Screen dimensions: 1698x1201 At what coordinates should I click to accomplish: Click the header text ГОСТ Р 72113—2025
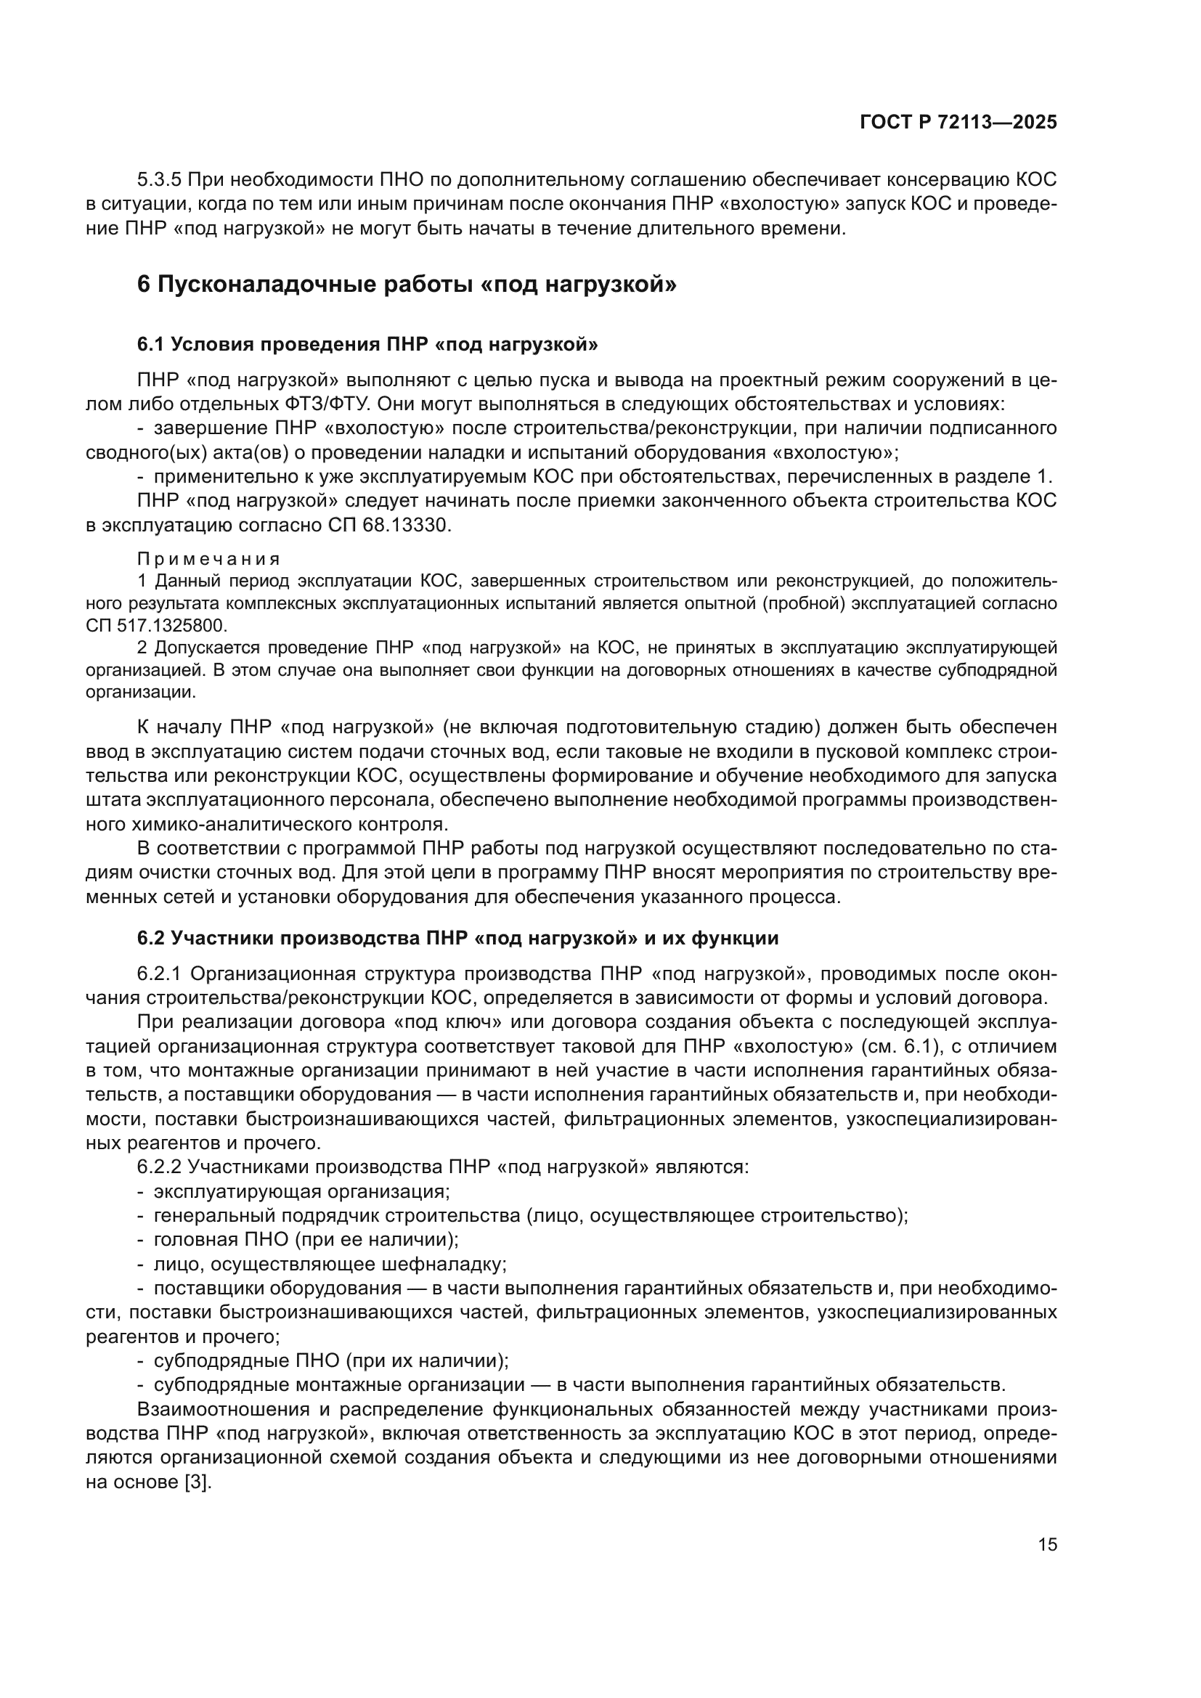pyautogui.click(x=958, y=123)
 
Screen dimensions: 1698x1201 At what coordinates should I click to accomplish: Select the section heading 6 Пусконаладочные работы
pyautogui.click(x=406, y=284)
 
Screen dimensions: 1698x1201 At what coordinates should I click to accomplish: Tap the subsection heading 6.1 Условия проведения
pyautogui.click(x=367, y=344)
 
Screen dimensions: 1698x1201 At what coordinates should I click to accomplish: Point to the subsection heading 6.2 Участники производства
pyautogui.click(x=457, y=938)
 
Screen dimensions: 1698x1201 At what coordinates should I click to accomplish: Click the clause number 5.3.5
pyautogui.click(x=159, y=180)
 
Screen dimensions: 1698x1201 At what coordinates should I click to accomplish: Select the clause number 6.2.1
pyautogui.click(x=159, y=974)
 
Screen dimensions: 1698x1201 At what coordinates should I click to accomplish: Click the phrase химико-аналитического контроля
pyautogui.click(x=292, y=824)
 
